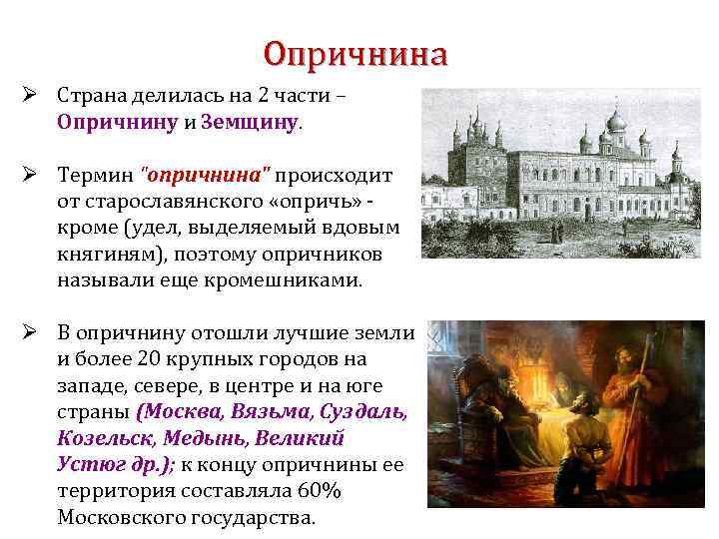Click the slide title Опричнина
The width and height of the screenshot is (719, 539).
coord(356,53)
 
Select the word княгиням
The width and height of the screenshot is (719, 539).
coord(104,255)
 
